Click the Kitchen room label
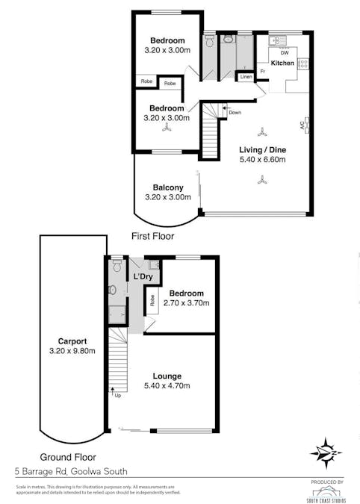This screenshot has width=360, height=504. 282,63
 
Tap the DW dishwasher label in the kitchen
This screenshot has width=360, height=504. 284,53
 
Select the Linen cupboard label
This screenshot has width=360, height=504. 245,76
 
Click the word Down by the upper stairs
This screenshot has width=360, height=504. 235,113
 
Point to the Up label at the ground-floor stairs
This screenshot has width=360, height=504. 118,394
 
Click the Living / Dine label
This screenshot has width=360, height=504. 262,149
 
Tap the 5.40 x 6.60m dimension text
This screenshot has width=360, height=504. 262,160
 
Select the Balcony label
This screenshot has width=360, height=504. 168,187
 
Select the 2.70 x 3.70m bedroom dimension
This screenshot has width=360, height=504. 188,304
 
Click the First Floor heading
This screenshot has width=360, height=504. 152,236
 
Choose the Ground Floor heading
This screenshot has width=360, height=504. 68,457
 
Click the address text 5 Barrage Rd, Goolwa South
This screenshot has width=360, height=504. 72,471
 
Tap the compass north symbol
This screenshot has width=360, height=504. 326,452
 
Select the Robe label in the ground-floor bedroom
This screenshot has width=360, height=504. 152,302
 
